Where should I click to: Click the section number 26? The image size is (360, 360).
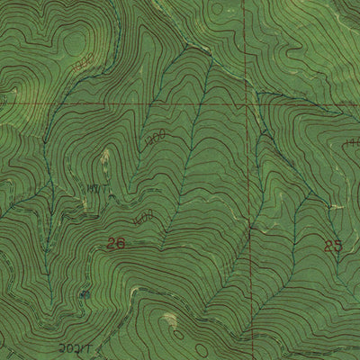(x=114, y=243)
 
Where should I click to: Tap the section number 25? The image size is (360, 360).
(x=332, y=244)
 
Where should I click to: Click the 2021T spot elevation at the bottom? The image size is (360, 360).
(x=74, y=346)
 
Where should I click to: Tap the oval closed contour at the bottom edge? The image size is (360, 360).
(x=169, y=319)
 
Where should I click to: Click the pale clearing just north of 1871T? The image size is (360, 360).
(x=104, y=162)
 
